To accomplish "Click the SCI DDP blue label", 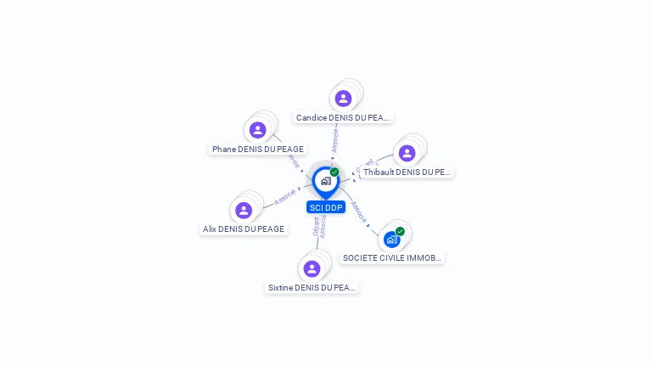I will [x=326, y=207].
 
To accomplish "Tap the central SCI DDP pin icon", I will [x=325, y=180].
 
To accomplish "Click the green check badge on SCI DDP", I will [x=334, y=172].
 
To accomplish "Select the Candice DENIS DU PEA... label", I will [x=343, y=117].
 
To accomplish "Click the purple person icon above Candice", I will [x=343, y=99].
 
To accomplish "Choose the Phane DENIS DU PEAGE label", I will [x=258, y=149].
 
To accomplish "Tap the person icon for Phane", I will [x=258, y=130].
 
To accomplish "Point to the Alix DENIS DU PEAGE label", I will [x=244, y=229].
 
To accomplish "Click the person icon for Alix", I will [x=244, y=210].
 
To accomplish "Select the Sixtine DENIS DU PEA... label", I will [x=312, y=287].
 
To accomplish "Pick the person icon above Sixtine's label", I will [x=312, y=268].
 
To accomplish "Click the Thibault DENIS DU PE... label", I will [x=407, y=172].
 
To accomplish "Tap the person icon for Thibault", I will [x=407, y=153].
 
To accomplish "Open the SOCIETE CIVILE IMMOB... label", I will [x=392, y=257].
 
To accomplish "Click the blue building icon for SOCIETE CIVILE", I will [x=391, y=240].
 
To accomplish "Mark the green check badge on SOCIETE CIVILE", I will [x=400, y=231].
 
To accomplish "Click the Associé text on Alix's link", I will [x=284, y=197].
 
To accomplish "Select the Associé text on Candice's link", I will [x=335, y=140].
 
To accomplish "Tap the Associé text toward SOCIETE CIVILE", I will [x=358, y=211].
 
